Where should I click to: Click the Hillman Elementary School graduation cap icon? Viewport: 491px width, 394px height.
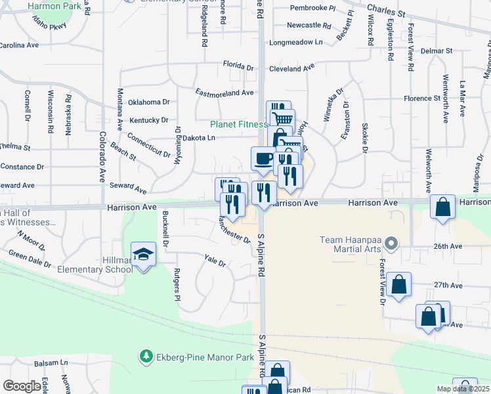[x=143, y=253]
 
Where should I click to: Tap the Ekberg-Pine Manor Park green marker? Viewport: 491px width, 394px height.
[x=145, y=357]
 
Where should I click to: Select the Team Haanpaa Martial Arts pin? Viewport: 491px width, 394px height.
[x=392, y=245]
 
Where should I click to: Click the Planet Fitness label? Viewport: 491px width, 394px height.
[x=238, y=124]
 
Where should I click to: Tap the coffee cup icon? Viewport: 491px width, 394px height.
[x=263, y=159]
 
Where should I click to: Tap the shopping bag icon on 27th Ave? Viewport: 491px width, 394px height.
[x=398, y=285]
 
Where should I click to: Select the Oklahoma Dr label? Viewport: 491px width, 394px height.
[x=148, y=102]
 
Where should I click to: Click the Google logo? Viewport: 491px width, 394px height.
[x=22, y=386]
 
